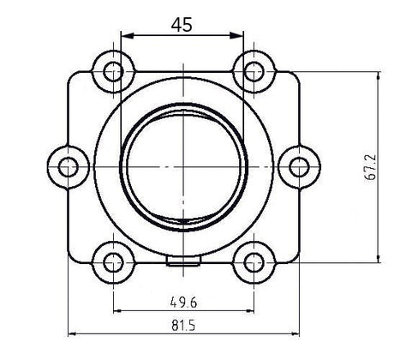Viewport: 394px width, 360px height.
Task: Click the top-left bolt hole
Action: tap(110, 71)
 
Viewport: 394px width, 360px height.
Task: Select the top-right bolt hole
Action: tap(254, 71)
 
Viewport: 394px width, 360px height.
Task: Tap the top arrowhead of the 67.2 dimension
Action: tap(377, 76)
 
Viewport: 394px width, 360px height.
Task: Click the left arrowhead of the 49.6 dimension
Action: tap(116, 310)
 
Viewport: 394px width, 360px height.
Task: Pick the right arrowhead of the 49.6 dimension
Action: tap(249, 310)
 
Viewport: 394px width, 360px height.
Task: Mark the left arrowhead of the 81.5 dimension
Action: tap(71, 333)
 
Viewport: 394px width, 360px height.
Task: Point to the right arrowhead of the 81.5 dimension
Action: tap(294, 333)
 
